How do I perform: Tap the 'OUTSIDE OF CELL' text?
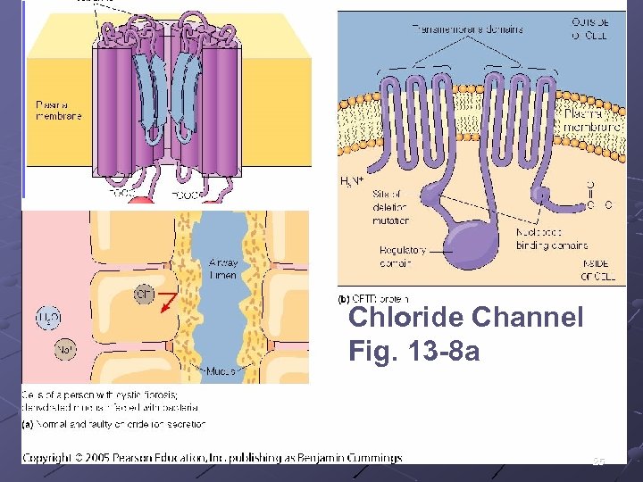592,28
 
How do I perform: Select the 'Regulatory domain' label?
403,256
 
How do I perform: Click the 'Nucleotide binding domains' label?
551,239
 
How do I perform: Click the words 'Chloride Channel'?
465,317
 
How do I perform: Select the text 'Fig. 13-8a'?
413,353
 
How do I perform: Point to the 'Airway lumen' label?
222,269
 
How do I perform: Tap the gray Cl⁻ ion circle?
145,294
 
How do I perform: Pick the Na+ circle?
65,351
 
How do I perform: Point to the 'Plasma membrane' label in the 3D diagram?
58,110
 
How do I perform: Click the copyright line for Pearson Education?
212,458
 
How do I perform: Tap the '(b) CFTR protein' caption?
373,298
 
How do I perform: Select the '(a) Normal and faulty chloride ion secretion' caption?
113,424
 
